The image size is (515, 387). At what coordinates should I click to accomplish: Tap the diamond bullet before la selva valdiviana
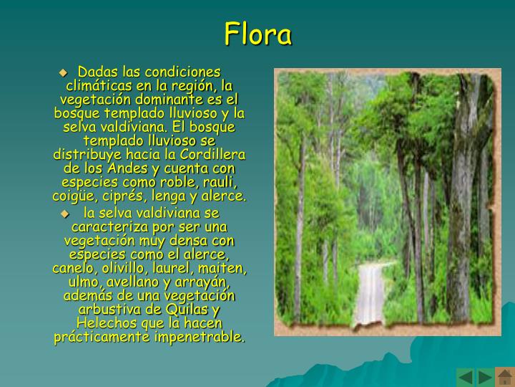click(x=65, y=214)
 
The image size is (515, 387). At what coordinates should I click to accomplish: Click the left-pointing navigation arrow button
click(x=466, y=377)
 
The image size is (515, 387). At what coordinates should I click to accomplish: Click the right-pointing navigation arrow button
click(x=485, y=377)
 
